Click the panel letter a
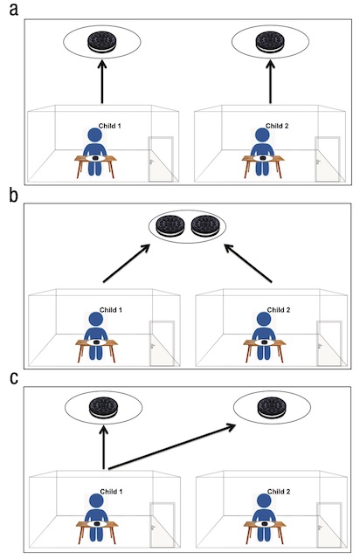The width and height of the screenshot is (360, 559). tap(14, 10)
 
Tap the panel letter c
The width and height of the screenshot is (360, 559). tap(14, 378)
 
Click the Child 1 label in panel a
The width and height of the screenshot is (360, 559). tap(109, 126)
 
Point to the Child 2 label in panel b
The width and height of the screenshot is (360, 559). tap(278, 310)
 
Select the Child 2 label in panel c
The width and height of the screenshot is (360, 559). tap(279, 492)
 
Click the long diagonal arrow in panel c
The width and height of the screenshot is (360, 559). tap(172, 446)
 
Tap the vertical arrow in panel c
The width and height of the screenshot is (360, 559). tap(103, 447)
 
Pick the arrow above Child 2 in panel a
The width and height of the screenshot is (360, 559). tap(270, 81)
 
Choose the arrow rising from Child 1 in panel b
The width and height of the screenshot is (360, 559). tap(127, 263)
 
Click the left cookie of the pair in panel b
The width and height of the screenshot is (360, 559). tap(170, 226)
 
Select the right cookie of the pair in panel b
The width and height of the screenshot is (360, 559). tap(204, 226)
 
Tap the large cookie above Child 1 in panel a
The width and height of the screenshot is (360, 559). tap(102, 42)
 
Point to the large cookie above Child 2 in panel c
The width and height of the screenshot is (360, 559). tap(272, 408)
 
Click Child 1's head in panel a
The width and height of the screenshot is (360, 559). tap(95, 135)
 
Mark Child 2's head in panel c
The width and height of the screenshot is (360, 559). tap(263, 500)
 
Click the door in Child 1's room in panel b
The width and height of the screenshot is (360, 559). tap(162, 343)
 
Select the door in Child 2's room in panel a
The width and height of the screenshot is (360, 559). tap(327, 159)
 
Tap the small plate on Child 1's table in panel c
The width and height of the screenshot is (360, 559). tap(97, 524)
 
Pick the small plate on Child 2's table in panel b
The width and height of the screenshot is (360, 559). tap(264, 342)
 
